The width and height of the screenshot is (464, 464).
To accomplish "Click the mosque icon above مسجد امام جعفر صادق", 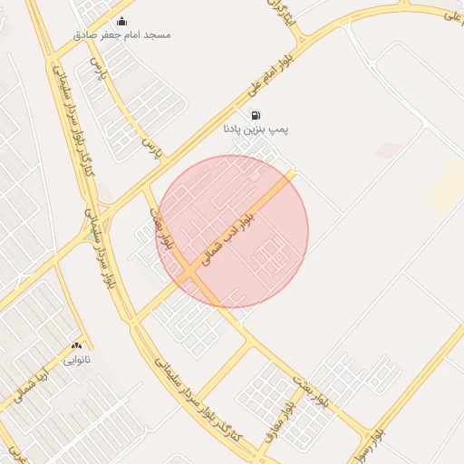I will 122,22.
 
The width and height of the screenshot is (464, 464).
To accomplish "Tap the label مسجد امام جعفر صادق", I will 122,34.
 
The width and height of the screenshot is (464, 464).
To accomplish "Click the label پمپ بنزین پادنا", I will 256,130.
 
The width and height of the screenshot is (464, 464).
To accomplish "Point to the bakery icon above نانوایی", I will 76,345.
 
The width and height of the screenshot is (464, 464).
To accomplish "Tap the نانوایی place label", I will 76,359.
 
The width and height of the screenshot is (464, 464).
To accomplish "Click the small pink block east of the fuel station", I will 388,150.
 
